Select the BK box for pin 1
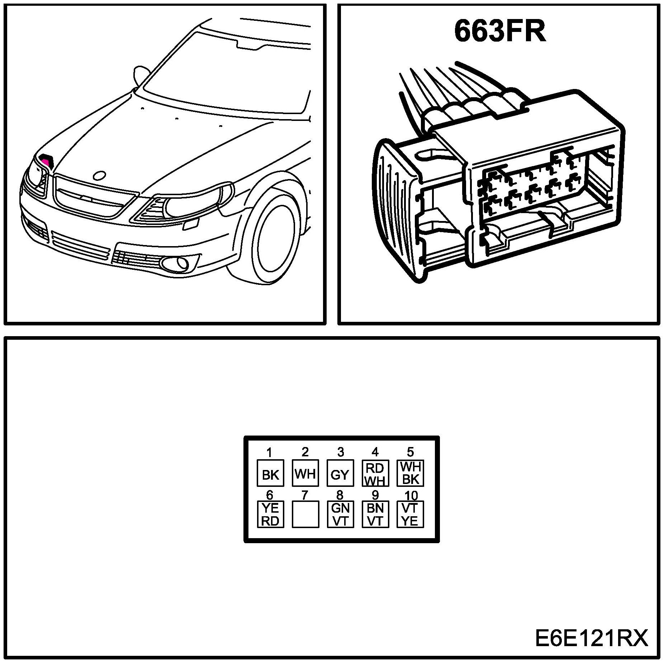point(270,473)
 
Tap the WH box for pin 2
point(305,473)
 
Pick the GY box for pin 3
point(340,473)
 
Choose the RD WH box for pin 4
point(375,473)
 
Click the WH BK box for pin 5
point(410,473)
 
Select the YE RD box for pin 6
point(270,514)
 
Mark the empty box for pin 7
point(305,514)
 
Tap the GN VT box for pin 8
point(340,514)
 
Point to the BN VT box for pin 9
point(375,514)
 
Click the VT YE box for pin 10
point(410,514)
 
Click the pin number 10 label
point(411,495)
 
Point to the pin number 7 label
point(304,495)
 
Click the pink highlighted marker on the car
point(46,159)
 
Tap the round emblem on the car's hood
point(99,175)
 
